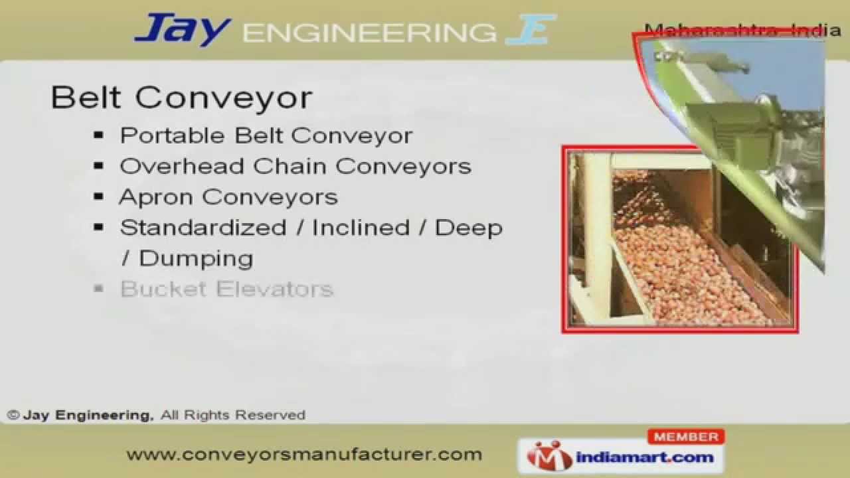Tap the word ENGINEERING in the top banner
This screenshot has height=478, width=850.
369,33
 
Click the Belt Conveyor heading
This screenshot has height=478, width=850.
181,98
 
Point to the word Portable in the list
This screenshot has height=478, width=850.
172,135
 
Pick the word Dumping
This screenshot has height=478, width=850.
196,258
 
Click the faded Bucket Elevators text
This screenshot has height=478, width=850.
226,289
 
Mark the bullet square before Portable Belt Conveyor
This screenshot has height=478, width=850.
99,135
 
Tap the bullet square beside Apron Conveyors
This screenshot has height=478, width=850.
99,197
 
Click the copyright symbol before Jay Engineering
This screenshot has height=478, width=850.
13,416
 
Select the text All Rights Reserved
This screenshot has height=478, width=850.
233,416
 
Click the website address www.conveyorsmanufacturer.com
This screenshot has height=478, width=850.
304,455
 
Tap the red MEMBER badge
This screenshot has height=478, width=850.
686,437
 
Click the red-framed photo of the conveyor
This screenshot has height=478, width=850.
679,239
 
